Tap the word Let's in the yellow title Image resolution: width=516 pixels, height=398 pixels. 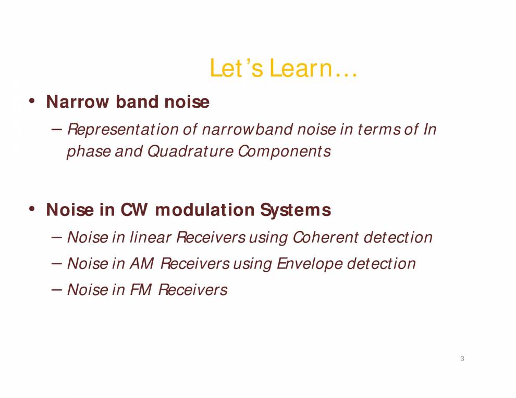pyautogui.click(x=236, y=68)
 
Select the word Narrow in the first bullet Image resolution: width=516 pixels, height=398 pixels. pyautogui.click(x=77, y=102)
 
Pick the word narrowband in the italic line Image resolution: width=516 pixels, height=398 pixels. pyautogui.click(x=247, y=129)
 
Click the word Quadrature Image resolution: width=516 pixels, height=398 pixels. pyautogui.click(x=190, y=151)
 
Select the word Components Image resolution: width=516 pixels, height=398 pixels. pyautogui.click(x=284, y=151)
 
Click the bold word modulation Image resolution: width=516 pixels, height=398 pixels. pyautogui.click(x=205, y=210)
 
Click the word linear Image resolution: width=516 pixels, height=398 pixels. pyautogui.click(x=151, y=237)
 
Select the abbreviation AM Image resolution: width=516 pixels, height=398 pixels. pyautogui.click(x=141, y=264)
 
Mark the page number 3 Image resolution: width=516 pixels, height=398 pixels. pyautogui.click(x=462, y=358)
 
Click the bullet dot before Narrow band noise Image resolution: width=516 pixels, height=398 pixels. pyautogui.click(x=32, y=100)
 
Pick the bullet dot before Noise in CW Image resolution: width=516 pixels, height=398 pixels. pyautogui.click(x=32, y=209)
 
